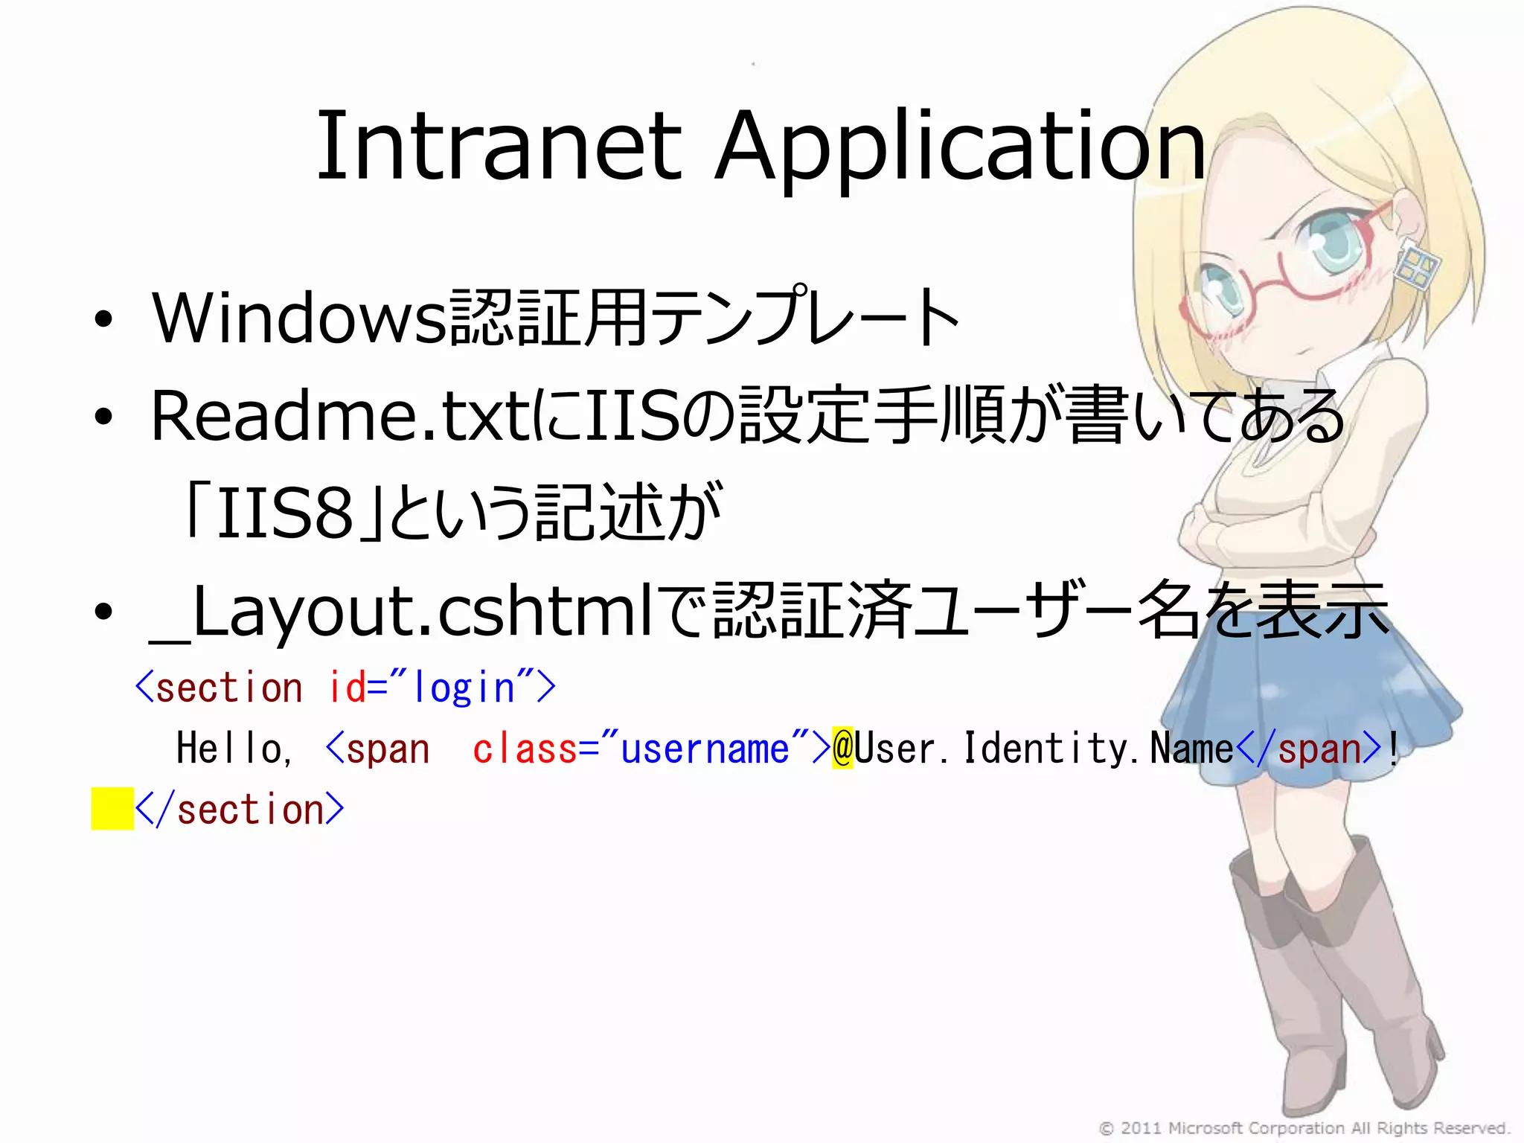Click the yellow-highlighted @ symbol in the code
pos(842,748)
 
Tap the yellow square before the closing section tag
pos(112,809)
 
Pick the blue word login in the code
pos(464,688)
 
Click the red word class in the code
pos(525,749)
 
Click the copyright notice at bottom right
pos(1304,1128)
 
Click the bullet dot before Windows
pos(103,319)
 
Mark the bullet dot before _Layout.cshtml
pos(103,612)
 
